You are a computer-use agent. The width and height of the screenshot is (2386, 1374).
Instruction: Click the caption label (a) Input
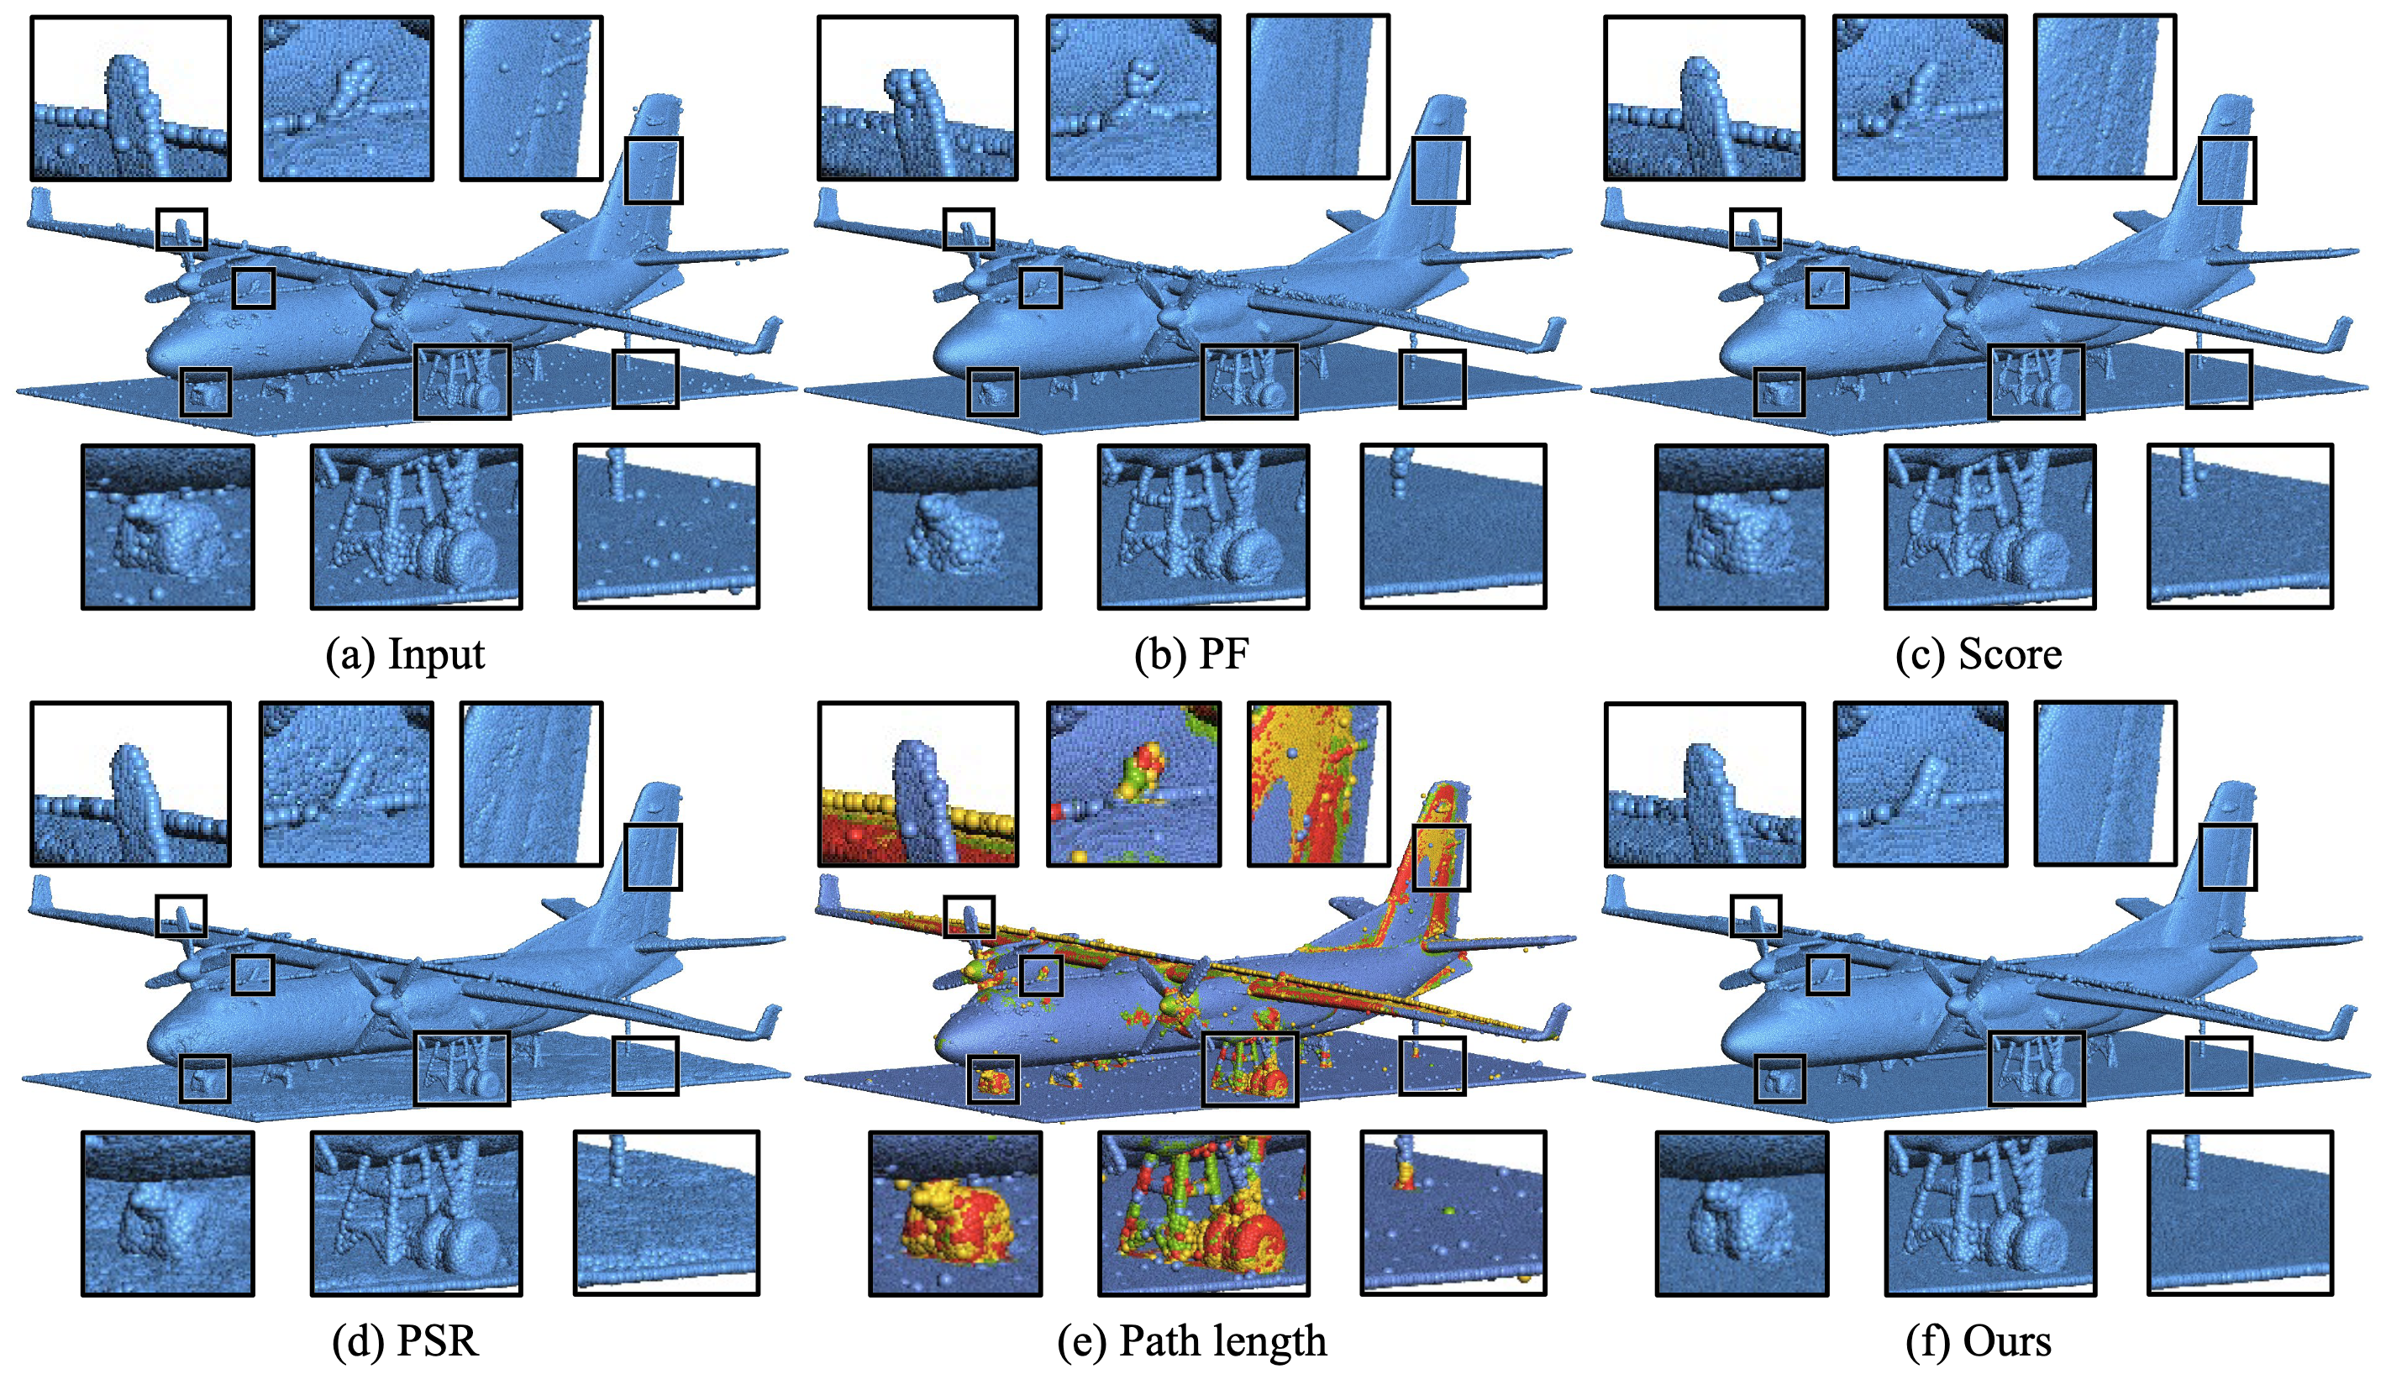click(405, 654)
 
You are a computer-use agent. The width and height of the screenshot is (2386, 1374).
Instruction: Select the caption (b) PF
click(1192, 654)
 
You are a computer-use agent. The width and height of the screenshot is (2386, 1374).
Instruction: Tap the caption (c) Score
click(1979, 654)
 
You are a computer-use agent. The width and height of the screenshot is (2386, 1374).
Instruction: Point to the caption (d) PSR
click(406, 1340)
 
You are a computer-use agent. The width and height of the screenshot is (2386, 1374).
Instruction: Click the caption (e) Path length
click(1192, 1340)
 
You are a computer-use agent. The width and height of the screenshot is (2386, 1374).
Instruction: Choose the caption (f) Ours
click(1979, 1340)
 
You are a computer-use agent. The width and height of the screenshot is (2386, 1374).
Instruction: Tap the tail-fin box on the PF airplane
click(1440, 170)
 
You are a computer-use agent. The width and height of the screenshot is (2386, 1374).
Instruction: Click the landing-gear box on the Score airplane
click(2036, 381)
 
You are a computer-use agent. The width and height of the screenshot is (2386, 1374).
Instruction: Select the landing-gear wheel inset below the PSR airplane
click(416, 1213)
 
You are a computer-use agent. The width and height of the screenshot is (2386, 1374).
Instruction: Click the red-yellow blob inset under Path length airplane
click(955, 1213)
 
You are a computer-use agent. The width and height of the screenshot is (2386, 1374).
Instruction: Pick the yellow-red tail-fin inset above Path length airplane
click(1318, 784)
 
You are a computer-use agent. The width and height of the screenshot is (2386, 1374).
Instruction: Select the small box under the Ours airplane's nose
click(1779, 1078)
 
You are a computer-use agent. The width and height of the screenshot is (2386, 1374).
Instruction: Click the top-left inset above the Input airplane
click(130, 98)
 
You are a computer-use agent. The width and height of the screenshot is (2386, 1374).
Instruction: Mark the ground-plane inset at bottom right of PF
click(1453, 526)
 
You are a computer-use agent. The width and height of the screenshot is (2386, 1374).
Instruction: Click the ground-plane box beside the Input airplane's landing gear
click(644, 379)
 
